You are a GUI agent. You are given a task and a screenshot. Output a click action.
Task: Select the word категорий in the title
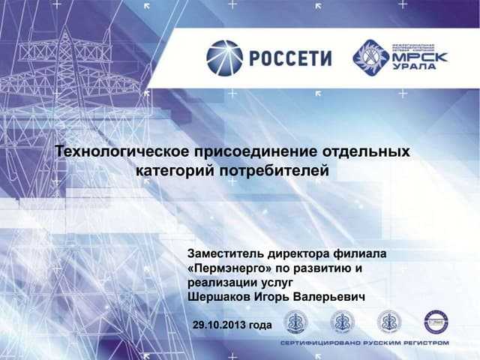173,171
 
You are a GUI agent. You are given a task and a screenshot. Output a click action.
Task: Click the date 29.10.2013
218,325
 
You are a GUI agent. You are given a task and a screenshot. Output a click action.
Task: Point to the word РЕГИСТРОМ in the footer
424,342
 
